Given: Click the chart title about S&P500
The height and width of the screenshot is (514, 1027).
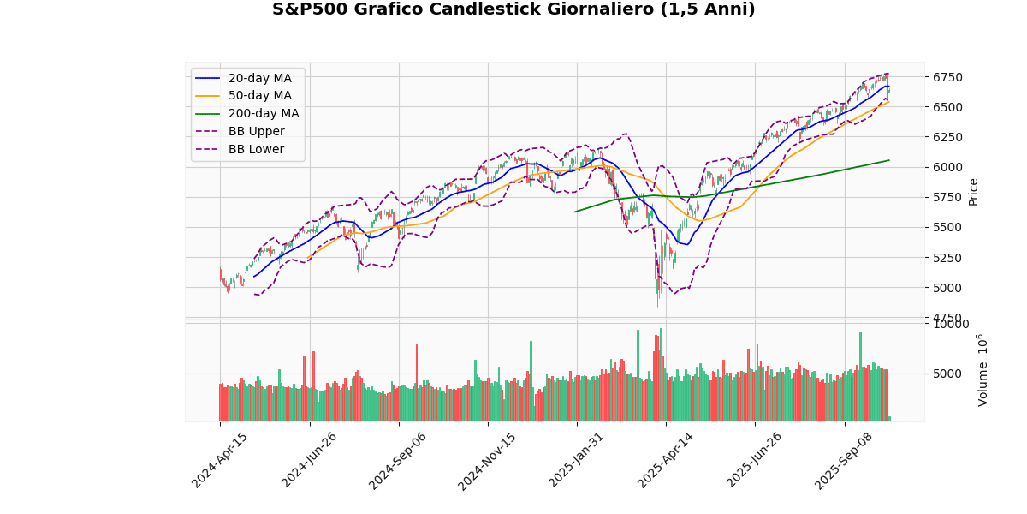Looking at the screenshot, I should pyautogui.click(x=513, y=9).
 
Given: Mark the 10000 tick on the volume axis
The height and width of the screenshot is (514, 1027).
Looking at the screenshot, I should pyautogui.click(x=950, y=324).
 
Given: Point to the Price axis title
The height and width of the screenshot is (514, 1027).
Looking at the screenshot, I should pyautogui.click(x=973, y=191).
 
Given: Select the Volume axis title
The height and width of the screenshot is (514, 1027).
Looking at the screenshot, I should pyautogui.click(x=982, y=370).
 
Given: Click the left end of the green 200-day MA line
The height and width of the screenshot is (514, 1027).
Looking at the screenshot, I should pyautogui.click(x=575, y=212).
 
